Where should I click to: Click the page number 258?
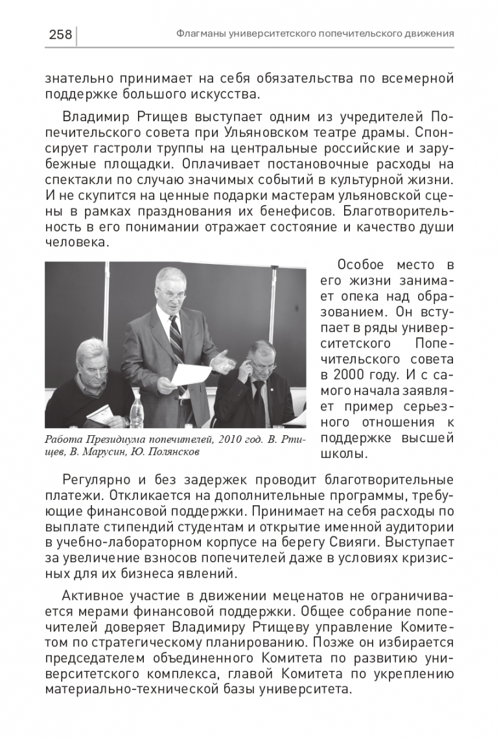60,34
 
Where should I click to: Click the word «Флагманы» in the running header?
202,34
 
